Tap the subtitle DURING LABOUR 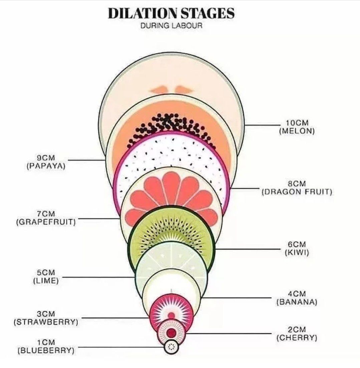click(x=171, y=26)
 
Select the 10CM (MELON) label click(x=297, y=127)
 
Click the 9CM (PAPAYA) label click(x=46, y=162)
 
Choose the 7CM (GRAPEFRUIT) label click(x=46, y=217)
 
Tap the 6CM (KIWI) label click(x=297, y=249)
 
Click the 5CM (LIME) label click(x=46, y=277)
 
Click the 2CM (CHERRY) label click(x=297, y=333)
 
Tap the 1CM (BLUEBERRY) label click(x=46, y=346)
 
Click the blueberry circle click(x=171, y=347)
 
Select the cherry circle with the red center click(x=171, y=332)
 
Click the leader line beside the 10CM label click(x=262, y=125)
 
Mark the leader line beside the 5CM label click(x=98, y=277)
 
